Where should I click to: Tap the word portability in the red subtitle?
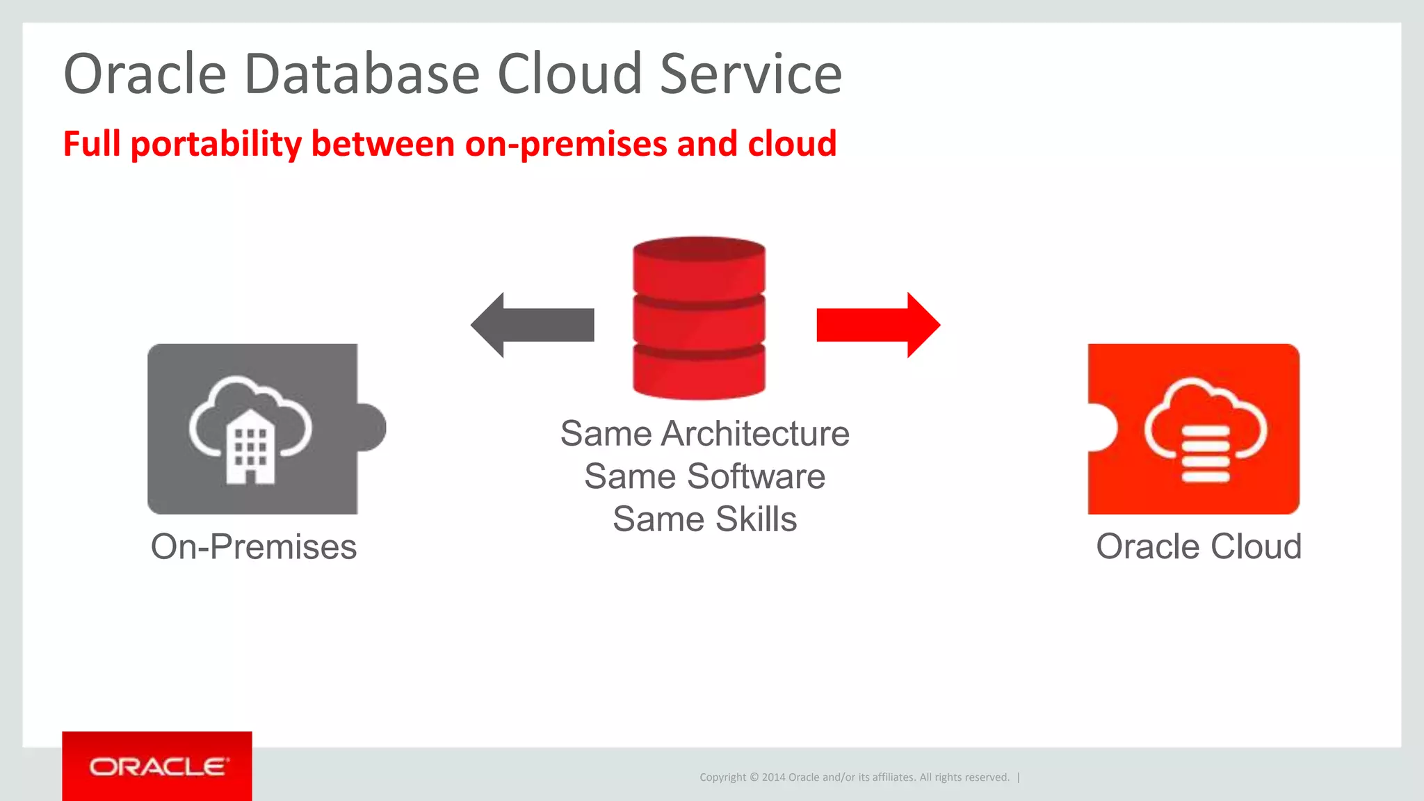[x=216, y=144]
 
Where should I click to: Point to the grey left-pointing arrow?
[x=533, y=325]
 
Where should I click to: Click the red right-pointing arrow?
[x=878, y=325]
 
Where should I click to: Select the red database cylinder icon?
[x=699, y=318]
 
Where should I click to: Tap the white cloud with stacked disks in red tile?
[x=1206, y=431]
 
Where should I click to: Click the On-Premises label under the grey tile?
[x=254, y=547]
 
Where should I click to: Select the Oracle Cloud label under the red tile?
[x=1199, y=547]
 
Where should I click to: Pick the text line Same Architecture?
[x=705, y=434]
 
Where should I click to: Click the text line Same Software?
[x=705, y=477]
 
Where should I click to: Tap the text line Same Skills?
[x=705, y=519]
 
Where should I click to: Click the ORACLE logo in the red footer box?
[x=158, y=767]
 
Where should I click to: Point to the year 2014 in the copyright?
[x=773, y=777]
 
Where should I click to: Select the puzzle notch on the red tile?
[x=1103, y=427]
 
